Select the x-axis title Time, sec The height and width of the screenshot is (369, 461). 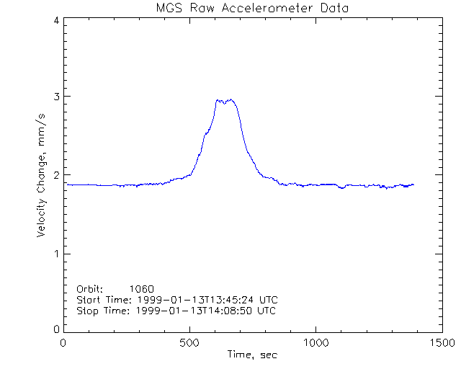point(252,355)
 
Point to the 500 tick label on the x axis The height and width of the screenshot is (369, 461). point(190,343)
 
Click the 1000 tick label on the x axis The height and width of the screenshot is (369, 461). point(316,343)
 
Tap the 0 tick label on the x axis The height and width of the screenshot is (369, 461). point(64,343)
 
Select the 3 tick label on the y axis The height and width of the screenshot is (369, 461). point(56,97)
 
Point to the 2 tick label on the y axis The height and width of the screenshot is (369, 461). point(56,175)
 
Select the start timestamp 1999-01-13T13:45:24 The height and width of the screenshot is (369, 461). point(195,300)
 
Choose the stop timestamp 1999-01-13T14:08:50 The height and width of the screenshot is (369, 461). point(195,311)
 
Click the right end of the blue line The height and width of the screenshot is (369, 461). point(413,184)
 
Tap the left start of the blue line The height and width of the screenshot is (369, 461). point(67,184)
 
